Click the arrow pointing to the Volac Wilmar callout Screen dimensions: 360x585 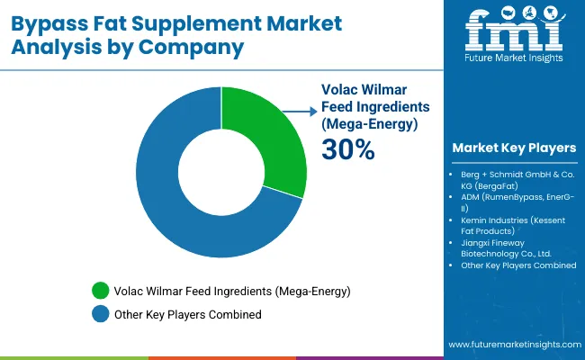[x=295, y=112]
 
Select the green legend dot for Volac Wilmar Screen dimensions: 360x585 [x=100, y=291]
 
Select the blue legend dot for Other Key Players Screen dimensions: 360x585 [x=100, y=314]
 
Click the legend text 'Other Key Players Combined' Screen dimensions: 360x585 [x=188, y=314]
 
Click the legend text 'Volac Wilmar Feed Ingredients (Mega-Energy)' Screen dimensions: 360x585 [x=231, y=291]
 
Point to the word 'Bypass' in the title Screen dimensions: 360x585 [x=55, y=22]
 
